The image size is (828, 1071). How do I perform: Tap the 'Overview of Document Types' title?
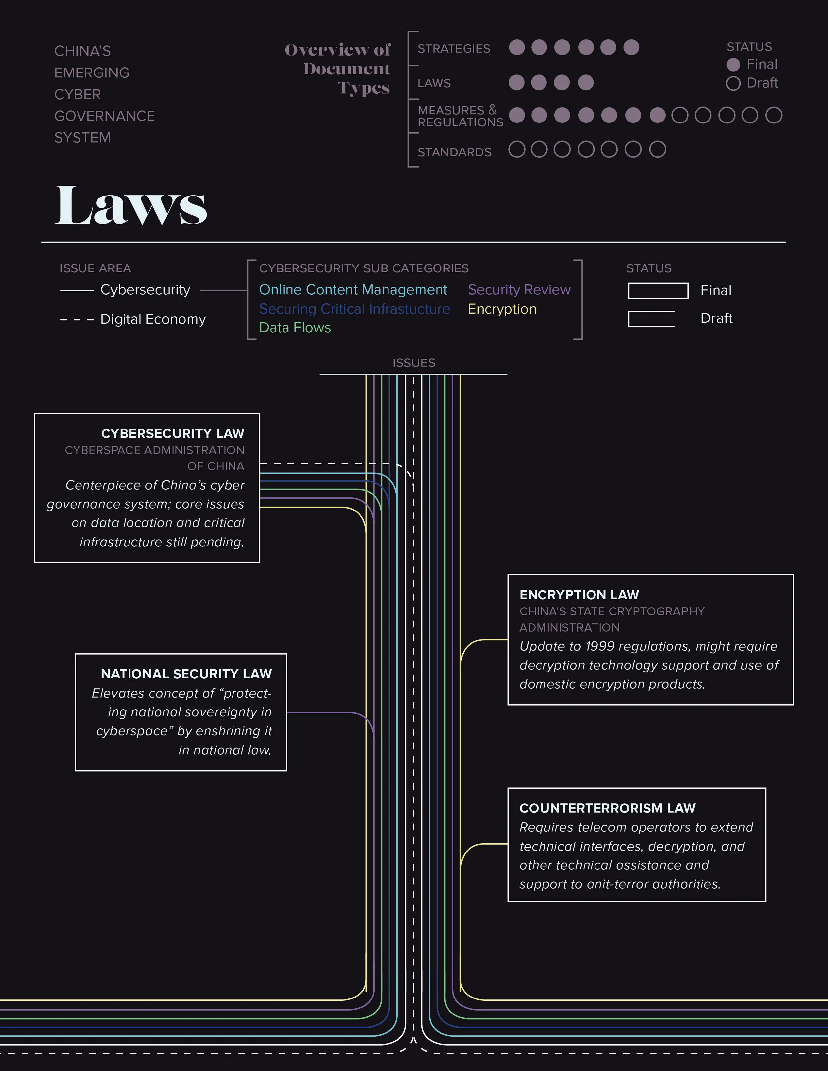tap(338, 69)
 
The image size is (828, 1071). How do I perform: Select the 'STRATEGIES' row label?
tap(454, 49)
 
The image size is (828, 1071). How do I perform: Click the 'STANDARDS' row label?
tap(454, 152)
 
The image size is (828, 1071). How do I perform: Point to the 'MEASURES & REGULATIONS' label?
tap(460, 116)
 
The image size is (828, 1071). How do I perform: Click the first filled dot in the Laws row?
tap(517, 82)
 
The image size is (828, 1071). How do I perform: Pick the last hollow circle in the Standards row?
tap(657, 149)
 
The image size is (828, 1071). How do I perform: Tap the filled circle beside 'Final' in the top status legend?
tap(733, 65)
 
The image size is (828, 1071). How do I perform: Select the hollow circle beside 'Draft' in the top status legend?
tap(733, 83)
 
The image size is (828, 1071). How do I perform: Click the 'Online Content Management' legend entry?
tap(353, 290)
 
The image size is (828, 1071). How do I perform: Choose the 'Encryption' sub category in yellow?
tap(502, 309)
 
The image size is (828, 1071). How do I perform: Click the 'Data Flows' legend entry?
tap(295, 327)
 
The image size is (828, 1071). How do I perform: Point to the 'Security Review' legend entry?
tap(519, 290)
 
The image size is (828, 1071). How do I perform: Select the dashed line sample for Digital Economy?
tap(77, 320)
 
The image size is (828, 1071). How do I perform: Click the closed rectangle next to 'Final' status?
tap(658, 291)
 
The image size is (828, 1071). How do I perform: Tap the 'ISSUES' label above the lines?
tap(414, 363)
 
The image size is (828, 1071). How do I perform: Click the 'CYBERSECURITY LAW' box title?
tap(173, 433)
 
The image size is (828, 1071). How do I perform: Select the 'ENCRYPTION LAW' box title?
tap(579, 595)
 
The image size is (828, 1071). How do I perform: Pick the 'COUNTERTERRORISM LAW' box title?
tap(607, 808)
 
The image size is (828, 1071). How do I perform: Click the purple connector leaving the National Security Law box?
tap(324, 712)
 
